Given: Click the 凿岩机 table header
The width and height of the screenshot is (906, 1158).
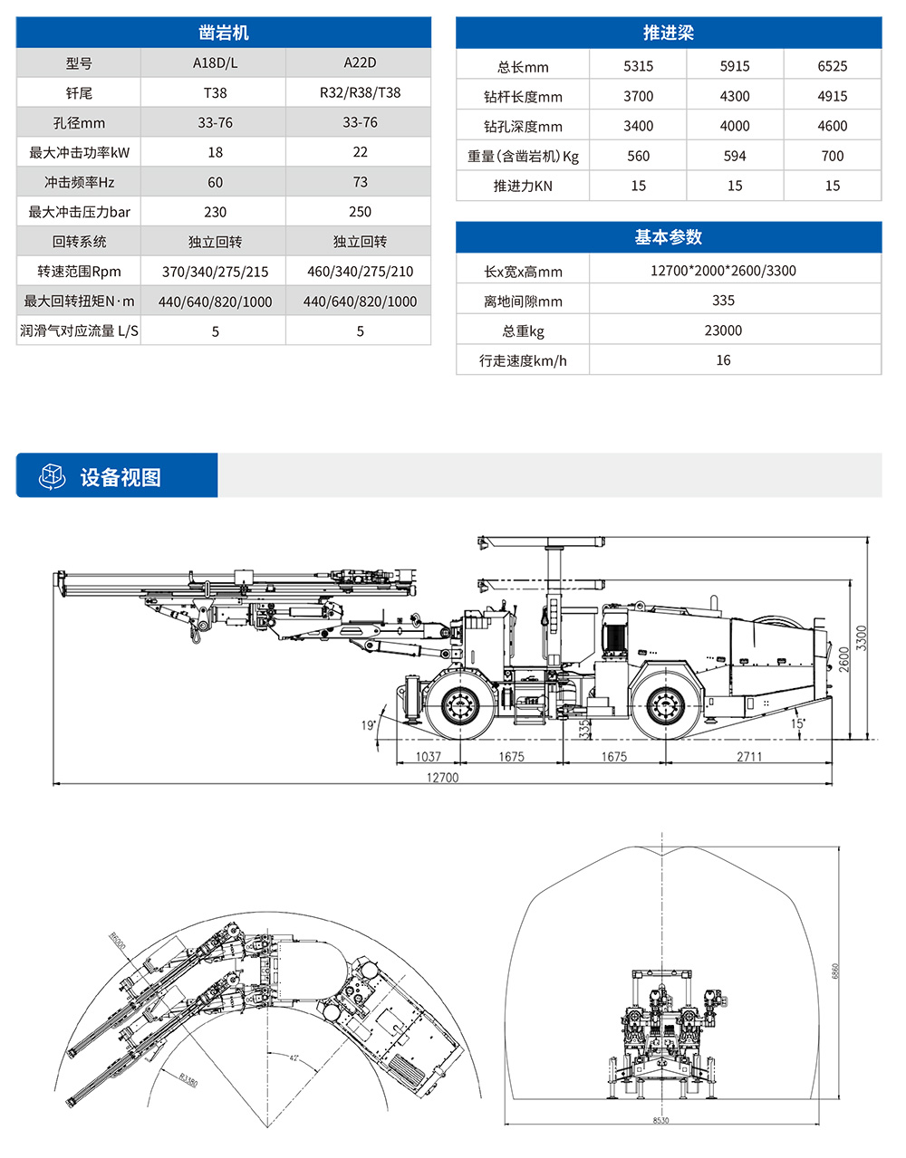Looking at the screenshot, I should pyautogui.click(x=224, y=33).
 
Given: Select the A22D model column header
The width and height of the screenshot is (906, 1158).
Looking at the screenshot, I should pyautogui.click(x=360, y=62).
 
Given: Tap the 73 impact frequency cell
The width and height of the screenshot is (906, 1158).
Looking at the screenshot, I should pyautogui.click(x=360, y=182).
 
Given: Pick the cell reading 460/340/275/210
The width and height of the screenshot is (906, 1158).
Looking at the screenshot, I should pyautogui.click(x=360, y=272).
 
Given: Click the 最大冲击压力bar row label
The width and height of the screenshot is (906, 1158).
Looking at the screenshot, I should pyautogui.click(x=79, y=212).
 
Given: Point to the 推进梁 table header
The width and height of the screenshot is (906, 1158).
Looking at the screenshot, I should pyautogui.click(x=668, y=33).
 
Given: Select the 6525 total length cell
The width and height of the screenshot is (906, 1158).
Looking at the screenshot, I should pyautogui.click(x=832, y=66).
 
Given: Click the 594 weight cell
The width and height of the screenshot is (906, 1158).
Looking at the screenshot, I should pyautogui.click(x=735, y=156).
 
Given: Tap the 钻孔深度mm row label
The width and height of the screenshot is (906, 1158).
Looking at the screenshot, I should pyautogui.click(x=523, y=126).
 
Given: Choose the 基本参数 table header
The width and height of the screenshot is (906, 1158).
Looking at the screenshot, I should pyautogui.click(x=668, y=237).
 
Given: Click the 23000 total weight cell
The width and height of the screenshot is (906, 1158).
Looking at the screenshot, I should pyautogui.click(x=723, y=330).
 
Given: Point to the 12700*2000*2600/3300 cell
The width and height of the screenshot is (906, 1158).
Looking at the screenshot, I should pyautogui.click(x=723, y=271).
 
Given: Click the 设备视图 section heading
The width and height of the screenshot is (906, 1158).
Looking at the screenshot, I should pyautogui.click(x=120, y=477).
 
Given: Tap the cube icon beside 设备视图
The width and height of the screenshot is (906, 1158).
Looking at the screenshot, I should pyautogui.click(x=53, y=476).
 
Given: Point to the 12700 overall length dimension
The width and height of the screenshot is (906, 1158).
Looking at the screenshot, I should pyautogui.click(x=442, y=777).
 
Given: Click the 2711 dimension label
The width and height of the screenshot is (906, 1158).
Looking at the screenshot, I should pyautogui.click(x=749, y=757).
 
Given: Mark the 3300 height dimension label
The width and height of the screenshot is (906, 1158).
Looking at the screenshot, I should pyautogui.click(x=862, y=636).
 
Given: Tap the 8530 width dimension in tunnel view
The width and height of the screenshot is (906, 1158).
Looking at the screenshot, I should pyautogui.click(x=660, y=1121).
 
